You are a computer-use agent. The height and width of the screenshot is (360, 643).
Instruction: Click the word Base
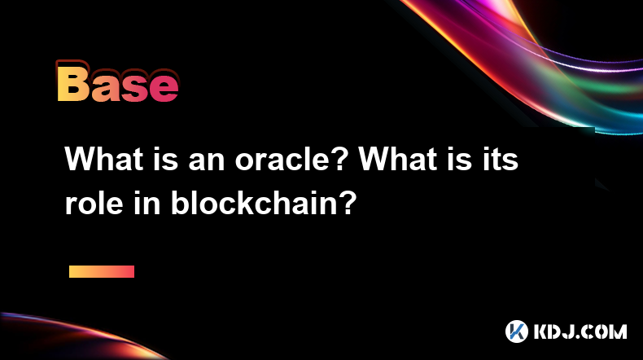pos(117,82)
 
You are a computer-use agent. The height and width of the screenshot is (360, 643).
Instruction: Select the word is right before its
pos(459,159)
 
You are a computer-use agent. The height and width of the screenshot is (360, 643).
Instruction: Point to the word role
pos(94,203)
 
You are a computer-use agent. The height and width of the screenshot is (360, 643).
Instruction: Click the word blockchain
pos(252,203)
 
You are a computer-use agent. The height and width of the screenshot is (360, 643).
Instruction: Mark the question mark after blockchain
pos(347,202)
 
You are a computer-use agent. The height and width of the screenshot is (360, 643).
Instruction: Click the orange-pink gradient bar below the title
pos(102,271)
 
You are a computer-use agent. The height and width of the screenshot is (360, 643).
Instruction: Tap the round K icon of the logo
pos(516,331)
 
